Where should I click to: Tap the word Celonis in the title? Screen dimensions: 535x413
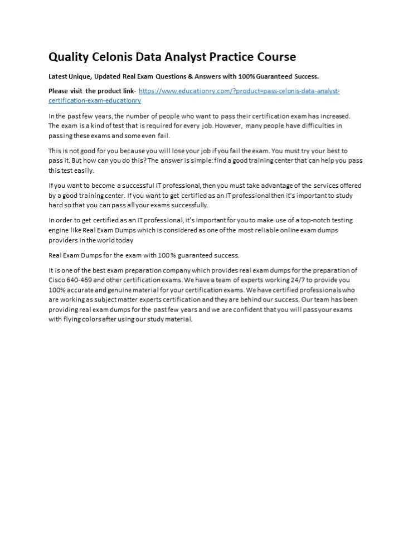(x=115, y=57)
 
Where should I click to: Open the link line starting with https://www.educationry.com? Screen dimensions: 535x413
(x=239, y=91)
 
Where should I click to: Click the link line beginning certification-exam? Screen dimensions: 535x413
(x=95, y=101)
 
